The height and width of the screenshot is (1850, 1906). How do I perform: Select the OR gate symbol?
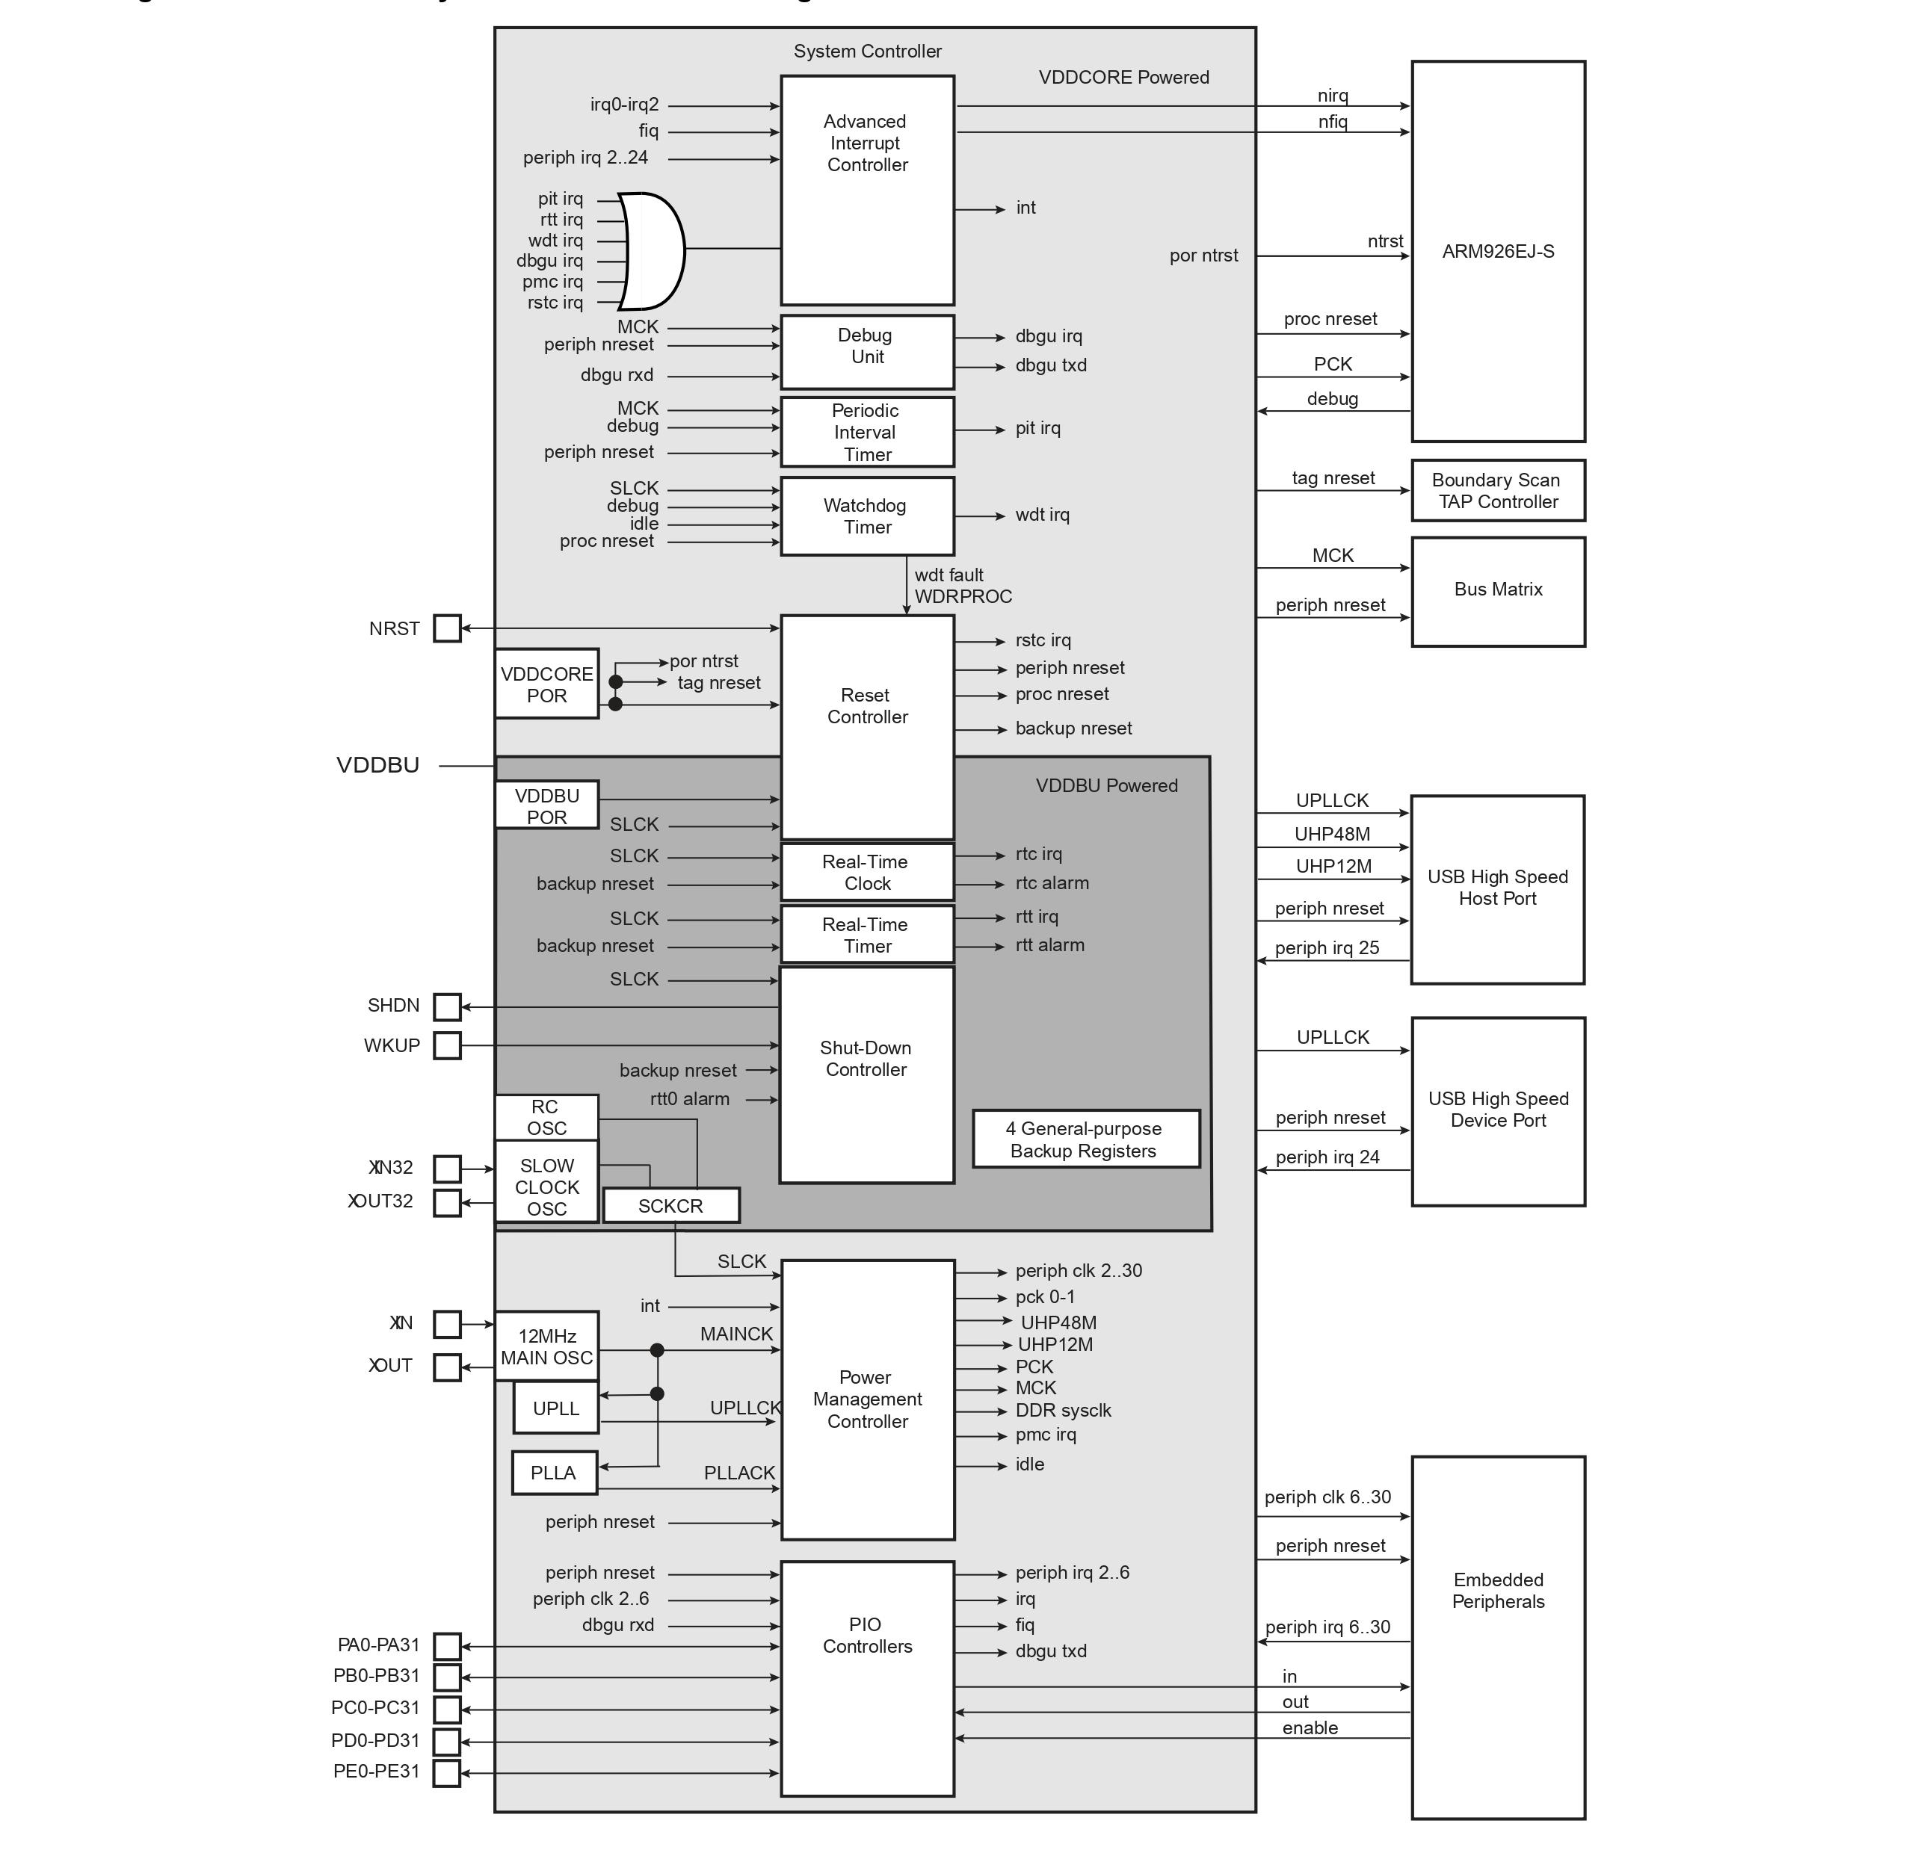tap(653, 251)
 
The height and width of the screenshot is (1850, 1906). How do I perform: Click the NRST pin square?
tap(446, 629)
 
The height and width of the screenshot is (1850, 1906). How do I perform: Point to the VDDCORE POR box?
tap(546, 684)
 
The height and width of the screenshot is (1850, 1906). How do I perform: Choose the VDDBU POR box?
tap(546, 806)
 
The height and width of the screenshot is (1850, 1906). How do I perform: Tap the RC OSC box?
tap(546, 1117)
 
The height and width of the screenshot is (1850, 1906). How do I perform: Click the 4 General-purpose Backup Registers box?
tap(1085, 1139)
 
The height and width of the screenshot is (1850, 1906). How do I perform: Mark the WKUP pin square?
tap(446, 1046)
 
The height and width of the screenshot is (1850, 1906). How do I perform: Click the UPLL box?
tap(555, 1408)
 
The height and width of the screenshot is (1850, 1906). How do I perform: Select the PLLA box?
tap(553, 1473)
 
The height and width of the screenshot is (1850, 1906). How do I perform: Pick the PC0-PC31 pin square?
tap(446, 1709)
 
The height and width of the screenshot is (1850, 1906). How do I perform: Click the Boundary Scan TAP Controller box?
tap(1498, 491)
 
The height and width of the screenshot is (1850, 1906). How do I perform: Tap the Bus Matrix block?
tap(1498, 591)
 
